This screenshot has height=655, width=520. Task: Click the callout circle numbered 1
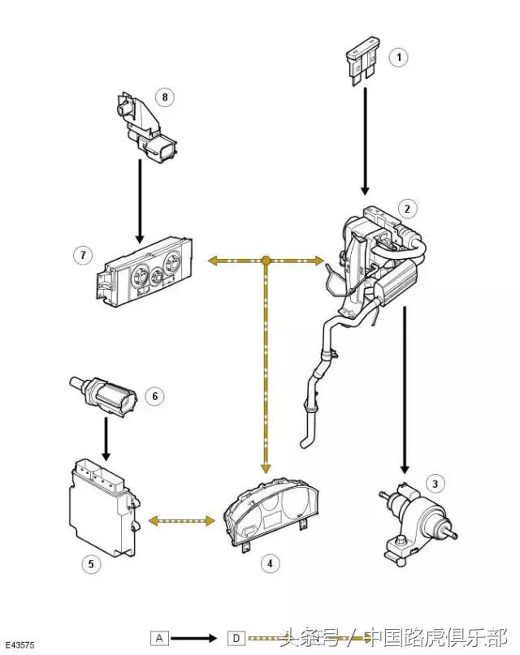tap(398, 57)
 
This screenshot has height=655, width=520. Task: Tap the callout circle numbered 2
tap(408, 209)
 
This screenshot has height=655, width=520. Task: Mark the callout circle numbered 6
tap(154, 396)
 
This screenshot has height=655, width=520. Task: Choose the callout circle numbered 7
tap(81, 256)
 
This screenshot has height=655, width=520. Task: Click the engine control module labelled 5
tap(99, 504)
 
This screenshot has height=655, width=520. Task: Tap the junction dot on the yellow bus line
tap(266, 261)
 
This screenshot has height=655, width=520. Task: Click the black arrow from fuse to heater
tap(365, 138)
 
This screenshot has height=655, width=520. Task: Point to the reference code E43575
tap(22, 644)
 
